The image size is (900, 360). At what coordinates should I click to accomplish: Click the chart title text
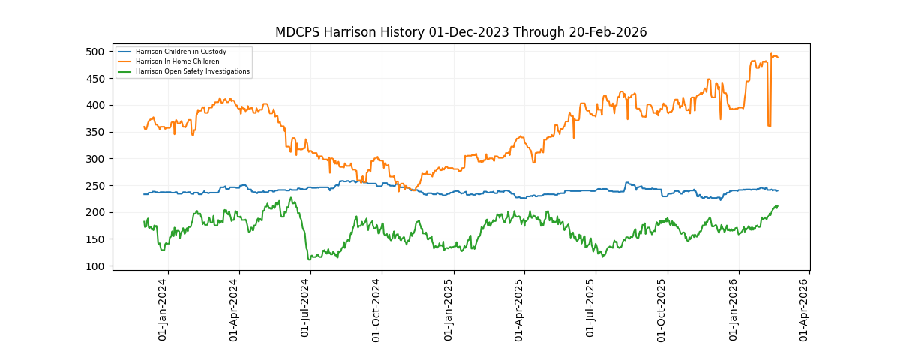click(460, 32)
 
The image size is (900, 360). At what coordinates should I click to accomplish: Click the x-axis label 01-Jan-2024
click(163, 309)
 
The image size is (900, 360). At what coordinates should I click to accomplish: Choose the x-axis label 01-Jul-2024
click(306, 309)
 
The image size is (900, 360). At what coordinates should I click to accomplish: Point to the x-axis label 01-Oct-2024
click(377, 309)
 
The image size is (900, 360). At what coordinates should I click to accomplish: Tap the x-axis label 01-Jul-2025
click(591, 309)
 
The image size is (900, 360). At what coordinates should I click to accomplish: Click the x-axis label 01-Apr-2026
click(805, 309)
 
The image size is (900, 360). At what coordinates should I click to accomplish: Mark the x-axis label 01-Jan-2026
click(734, 309)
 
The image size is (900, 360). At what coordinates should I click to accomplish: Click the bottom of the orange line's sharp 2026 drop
click(769, 126)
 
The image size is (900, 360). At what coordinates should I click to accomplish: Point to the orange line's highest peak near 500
click(771, 54)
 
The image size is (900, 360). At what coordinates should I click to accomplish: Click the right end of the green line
click(778, 205)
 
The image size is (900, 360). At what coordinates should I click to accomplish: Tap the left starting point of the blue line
click(144, 194)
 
